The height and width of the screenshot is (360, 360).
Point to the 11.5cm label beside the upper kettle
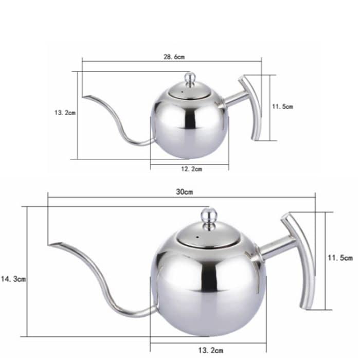click(282, 106)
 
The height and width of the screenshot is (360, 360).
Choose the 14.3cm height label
click(13, 279)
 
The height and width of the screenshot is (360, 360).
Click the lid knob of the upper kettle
click(190, 79)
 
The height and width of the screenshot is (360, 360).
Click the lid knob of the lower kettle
click(209, 218)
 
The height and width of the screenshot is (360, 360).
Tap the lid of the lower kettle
click(208, 237)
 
